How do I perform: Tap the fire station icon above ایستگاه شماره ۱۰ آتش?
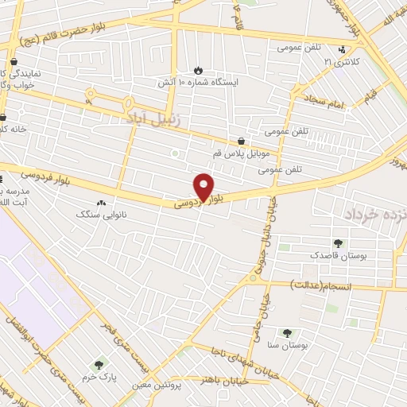coord(198,70)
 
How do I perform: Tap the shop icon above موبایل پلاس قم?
coord(241,141)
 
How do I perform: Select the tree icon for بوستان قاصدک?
coord(339,243)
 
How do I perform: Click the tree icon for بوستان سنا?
coord(287,334)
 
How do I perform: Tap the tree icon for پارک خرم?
coord(99,365)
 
